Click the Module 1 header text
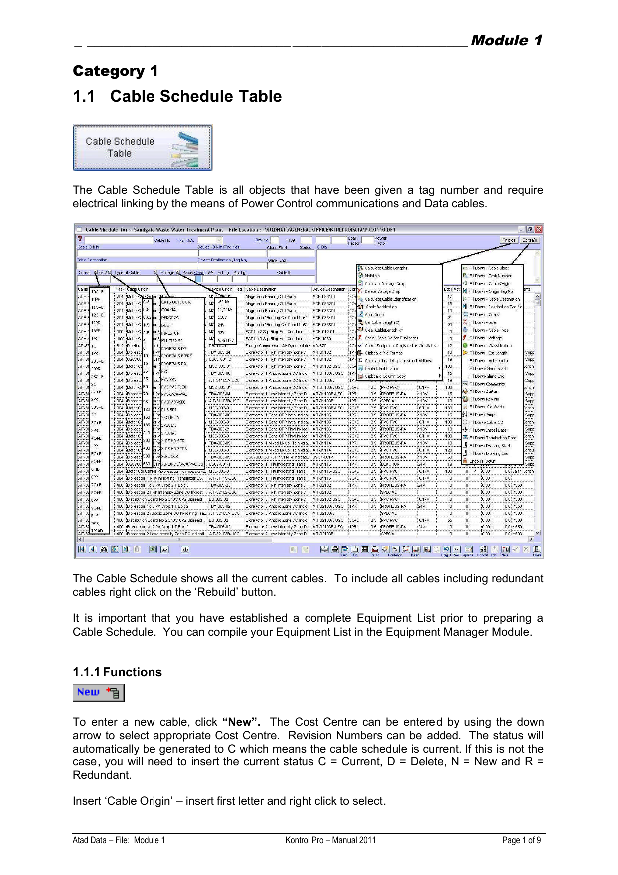[x=506, y=40]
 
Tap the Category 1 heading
[x=115, y=71]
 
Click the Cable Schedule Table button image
[x=143, y=148]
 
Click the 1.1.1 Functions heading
[x=117, y=672]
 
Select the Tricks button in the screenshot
[x=509, y=240]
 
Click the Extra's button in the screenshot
[x=530, y=240]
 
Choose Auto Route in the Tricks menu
[x=375, y=315]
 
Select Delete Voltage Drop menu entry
[x=382, y=291]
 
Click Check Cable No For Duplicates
[x=391, y=338]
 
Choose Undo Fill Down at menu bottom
[x=482, y=461]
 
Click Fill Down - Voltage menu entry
[x=485, y=338]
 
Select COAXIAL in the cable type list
[x=170, y=310]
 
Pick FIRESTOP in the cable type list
[x=170, y=333]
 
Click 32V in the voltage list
[x=221, y=332]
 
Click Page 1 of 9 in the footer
[x=521, y=840]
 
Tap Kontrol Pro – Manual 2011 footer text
[x=330, y=840]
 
